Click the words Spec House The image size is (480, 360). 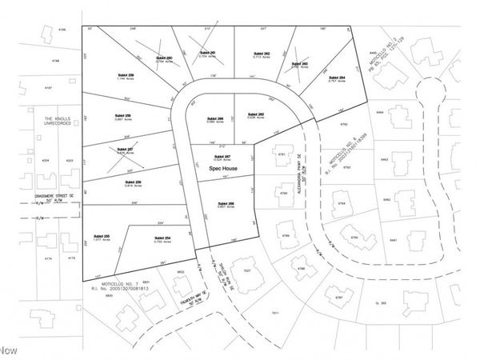[x=220, y=170]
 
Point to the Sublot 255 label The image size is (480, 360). [x=102, y=238]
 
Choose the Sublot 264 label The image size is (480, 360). [x=338, y=78]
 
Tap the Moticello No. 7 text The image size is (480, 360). [x=117, y=283]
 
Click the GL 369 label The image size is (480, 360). [x=381, y=303]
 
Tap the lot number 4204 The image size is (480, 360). [x=46, y=161]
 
